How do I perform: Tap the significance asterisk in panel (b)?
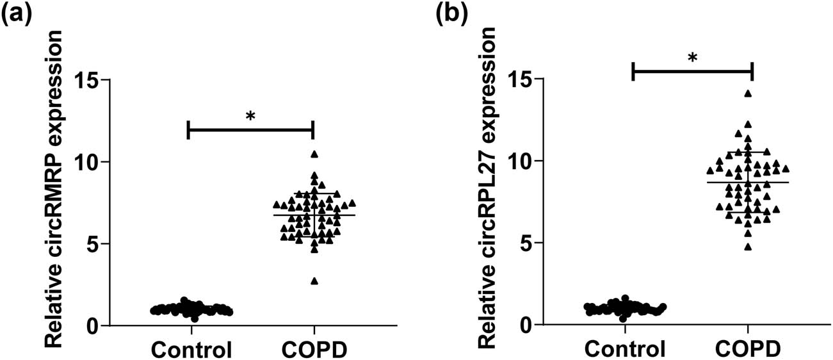pos(692,58)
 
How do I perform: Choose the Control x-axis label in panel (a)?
pos(191,350)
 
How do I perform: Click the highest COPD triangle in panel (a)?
pos(314,154)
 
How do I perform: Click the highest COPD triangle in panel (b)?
pos(748,94)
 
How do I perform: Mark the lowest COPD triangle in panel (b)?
pos(748,247)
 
